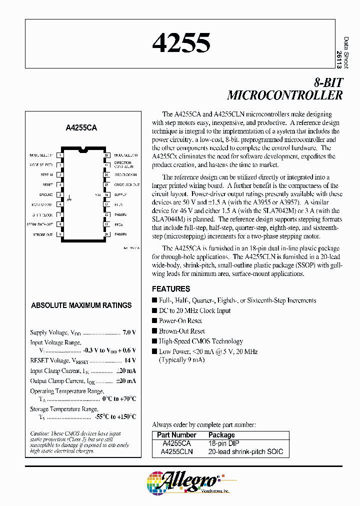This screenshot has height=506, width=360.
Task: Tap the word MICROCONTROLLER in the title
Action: click(285, 95)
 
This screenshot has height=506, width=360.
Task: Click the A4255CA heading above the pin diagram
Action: click(81, 128)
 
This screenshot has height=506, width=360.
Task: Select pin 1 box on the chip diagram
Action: click(60, 155)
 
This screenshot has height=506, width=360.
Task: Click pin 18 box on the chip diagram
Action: click(106, 155)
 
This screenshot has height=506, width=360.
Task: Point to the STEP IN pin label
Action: click(47, 175)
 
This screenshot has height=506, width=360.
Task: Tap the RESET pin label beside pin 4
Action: click(48, 184)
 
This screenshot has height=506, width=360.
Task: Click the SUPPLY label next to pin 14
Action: click(120, 194)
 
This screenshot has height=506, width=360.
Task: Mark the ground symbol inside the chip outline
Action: click(69, 198)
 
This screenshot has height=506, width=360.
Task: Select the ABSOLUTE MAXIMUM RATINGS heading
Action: click(81, 305)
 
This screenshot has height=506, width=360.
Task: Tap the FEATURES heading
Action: click(171, 289)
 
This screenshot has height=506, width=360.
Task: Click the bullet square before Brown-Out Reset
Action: click(154, 331)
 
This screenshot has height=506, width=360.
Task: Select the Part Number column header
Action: click(176, 435)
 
